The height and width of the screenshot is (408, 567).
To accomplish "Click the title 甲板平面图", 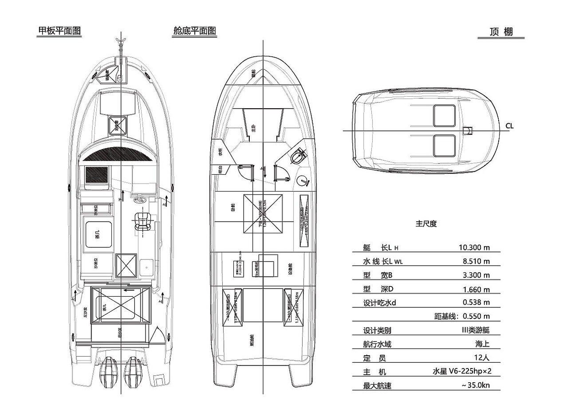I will [x=59, y=31].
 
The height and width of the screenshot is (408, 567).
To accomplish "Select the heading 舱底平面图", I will [x=195, y=31].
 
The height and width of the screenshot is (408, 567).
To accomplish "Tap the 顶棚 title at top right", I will [x=501, y=32].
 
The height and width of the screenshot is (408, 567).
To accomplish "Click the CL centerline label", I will [x=509, y=126].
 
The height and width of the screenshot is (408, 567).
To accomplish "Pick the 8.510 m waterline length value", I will [x=476, y=261].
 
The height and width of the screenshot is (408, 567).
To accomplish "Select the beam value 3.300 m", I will [x=476, y=275].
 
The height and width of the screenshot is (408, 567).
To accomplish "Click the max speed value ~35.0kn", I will [x=475, y=385].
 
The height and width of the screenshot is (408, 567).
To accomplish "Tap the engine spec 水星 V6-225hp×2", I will [x=461, y=372].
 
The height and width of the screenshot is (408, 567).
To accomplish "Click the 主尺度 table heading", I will [x=426, y=224].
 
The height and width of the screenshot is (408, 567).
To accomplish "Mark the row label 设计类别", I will [x=377, y=330].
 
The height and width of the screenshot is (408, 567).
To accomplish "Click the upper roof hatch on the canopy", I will [x=444, y=115].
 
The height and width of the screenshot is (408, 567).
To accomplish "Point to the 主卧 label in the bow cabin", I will [x=253, y=128].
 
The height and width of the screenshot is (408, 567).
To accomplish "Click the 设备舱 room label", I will [x=291, y=268].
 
